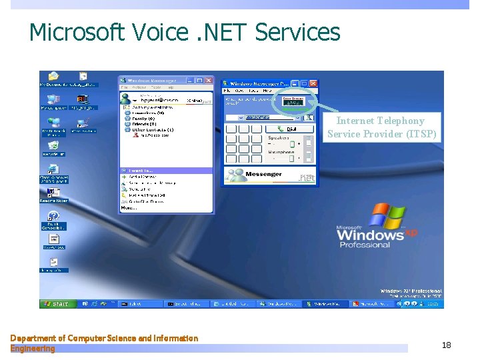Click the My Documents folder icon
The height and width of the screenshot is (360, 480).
click(53, 77)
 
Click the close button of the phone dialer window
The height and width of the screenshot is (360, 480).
click(314, 83)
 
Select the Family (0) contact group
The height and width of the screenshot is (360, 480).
click(143, 119)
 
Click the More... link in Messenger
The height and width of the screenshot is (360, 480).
click(129, 207)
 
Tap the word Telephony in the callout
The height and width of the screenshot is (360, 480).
click(399, 121)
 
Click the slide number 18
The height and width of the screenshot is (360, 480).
click(447, 345)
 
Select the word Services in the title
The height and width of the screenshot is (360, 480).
click(298, 33)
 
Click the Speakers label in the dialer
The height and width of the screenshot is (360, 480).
click(279, 137)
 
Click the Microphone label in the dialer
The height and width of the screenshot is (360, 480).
click(281, 152)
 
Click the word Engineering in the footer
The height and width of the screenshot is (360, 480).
click(33, 349)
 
